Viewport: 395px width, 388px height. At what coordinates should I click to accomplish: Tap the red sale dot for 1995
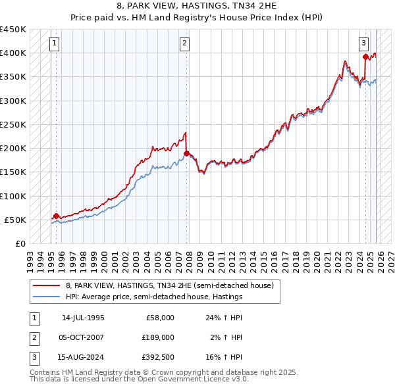(x=57, y=216)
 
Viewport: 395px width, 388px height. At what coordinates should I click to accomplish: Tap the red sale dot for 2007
(x=187, y=153)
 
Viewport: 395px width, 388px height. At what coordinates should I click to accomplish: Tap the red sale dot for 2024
(x=366, y=57)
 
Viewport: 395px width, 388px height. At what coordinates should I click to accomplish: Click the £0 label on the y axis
(x=20, y=243)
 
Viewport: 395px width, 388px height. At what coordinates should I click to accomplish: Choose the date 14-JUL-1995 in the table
(x=83, y=317)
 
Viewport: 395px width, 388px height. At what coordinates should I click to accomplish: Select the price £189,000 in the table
(x=157, y=337)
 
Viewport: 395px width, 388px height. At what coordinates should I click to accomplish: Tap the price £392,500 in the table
(x=157, y=357)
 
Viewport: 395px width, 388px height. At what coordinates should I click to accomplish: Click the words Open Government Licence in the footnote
(x=190, y=379)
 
